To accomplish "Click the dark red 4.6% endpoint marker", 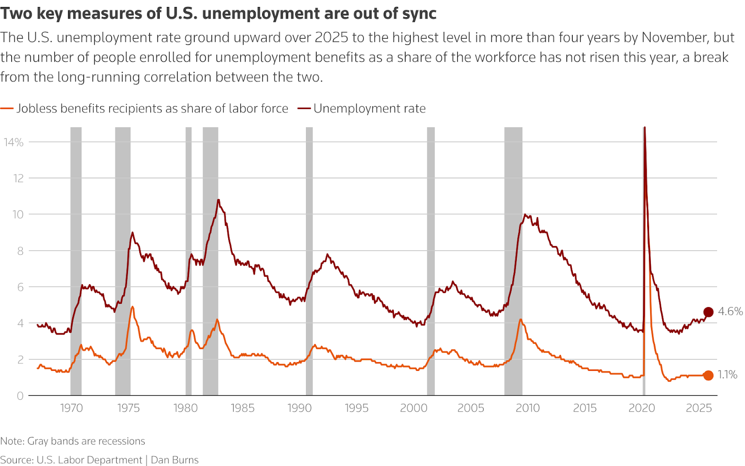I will (708, 312).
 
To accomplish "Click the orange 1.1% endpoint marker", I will (708, 375).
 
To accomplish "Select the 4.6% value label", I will (730, 311).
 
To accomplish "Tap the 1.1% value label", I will (727, 375).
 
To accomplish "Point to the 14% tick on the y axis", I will (14, 142).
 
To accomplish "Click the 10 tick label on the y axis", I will (18, 214).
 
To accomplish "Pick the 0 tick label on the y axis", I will (20, 396).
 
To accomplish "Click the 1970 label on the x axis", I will (71, 408).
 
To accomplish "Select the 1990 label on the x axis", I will (299, 408).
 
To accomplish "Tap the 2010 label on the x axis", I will (528, 408).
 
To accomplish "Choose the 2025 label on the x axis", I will (698, 408).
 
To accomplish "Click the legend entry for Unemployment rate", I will (369, 109).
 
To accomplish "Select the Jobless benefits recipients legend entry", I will (152, 109).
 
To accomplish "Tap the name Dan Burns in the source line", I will (175, 460).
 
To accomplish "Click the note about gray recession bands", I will (73, 441).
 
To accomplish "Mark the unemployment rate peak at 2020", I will (644, 128).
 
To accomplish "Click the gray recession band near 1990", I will (309, 261).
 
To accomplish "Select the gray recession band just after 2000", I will (431, 261).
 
